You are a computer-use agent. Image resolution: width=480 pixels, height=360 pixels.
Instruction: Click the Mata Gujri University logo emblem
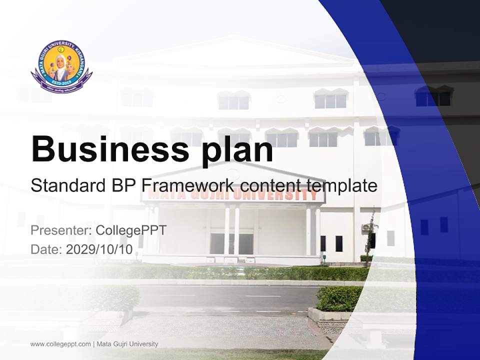coord(61,66)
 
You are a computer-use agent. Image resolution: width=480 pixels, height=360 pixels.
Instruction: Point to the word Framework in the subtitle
coord(188,185)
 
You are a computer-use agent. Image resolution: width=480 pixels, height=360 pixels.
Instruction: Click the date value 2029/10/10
coord(99,249)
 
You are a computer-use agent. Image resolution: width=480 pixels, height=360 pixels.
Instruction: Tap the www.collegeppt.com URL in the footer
coord(60,344)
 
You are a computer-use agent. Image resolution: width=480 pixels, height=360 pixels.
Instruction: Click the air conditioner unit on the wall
coord(365,227)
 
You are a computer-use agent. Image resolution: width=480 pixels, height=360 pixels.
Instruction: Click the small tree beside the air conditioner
coord(370,235)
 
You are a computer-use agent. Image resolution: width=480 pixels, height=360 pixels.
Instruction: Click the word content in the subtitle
coord(270,185)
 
